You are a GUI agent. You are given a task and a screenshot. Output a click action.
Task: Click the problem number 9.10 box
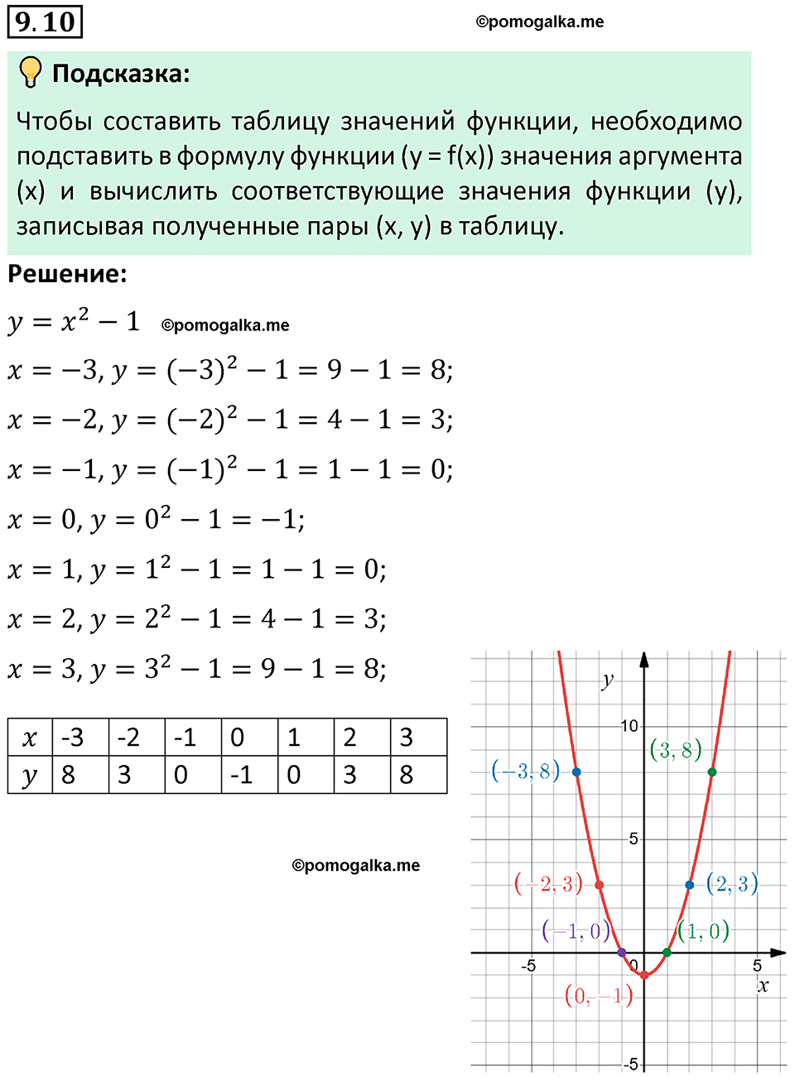click(46, 22)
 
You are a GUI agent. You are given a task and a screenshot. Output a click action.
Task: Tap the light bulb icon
click(30, 73)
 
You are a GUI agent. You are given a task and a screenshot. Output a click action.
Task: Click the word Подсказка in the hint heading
click(121, 74)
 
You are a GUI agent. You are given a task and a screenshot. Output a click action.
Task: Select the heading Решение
click(68, 274)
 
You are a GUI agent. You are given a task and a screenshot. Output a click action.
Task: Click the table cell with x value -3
click(80, 737)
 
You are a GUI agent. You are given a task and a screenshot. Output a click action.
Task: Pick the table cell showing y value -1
click(248, 775)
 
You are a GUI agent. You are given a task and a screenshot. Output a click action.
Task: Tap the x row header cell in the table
click(30, 737)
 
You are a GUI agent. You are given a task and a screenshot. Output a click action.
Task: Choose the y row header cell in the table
click(30, 775)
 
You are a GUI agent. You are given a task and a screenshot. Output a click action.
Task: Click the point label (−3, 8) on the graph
click(526, 771)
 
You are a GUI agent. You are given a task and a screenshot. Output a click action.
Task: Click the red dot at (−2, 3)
click(600, 885)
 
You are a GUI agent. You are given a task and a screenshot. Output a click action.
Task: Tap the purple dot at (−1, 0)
click(622, 953)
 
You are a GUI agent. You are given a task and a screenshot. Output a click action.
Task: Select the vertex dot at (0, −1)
click(644, 975)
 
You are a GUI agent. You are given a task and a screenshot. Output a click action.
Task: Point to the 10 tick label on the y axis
click(629, 726)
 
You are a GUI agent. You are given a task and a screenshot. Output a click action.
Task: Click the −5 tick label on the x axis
click(528, 966)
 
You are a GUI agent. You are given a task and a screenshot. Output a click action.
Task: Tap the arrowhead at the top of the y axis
click(644, 659)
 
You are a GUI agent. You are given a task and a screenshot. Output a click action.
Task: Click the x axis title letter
click(763, 986)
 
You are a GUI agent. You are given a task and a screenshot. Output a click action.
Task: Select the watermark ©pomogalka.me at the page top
click(540, 22)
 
